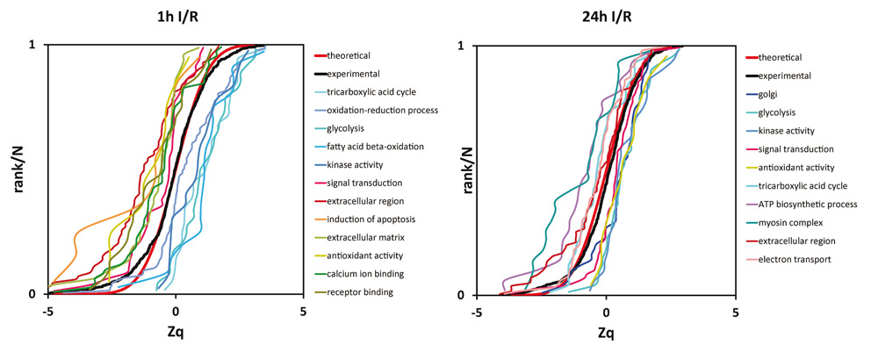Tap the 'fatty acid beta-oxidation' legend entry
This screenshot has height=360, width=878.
375,146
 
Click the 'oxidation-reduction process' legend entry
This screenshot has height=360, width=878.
382,110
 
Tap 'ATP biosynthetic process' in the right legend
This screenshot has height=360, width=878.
806,204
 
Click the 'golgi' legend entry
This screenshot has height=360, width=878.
770,94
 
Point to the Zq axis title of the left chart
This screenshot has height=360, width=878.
176,333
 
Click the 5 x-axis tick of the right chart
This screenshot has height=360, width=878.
736,311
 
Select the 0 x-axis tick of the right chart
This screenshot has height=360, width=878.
606,311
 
